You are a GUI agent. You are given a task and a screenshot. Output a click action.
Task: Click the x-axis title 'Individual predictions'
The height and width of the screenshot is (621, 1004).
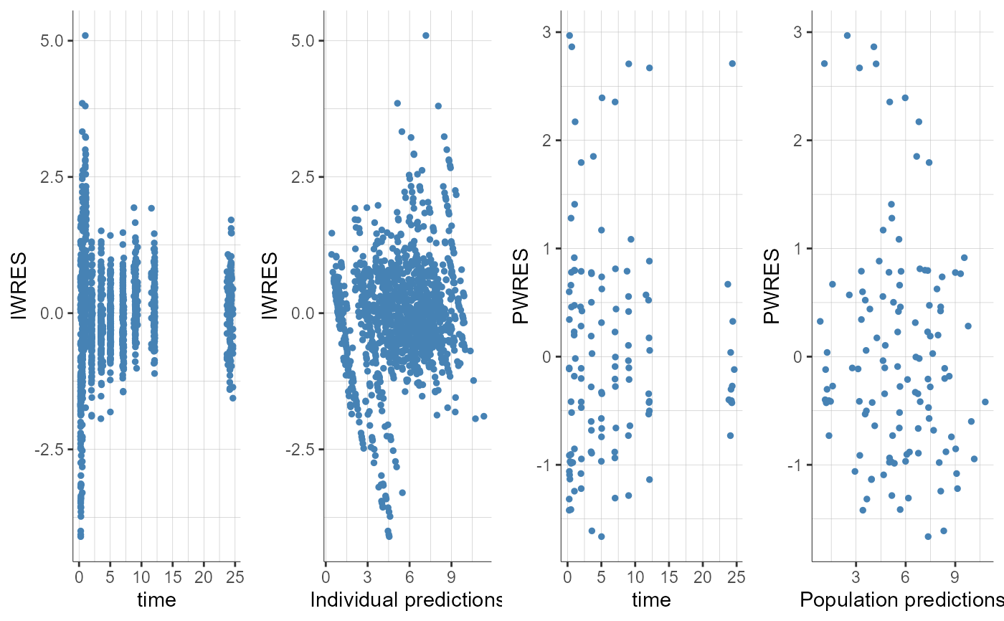pyautogui.click(x=405, y=599)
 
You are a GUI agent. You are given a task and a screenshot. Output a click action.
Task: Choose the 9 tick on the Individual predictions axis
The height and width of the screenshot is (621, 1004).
pyautogui.click(x=450, y=577)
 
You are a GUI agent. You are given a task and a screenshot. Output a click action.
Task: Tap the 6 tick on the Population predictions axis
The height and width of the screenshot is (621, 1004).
pyautogui.click(x=906, y=577)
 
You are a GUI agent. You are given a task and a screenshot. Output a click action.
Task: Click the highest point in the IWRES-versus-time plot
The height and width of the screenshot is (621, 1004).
pyautogui.click(x=85, y=35)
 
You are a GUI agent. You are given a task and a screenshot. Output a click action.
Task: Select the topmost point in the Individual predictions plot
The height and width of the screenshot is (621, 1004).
pyautogui.click(x=425, y=35)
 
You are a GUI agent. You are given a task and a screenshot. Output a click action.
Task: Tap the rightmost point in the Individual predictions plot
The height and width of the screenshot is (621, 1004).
pyautogui.click(x=484, y=416)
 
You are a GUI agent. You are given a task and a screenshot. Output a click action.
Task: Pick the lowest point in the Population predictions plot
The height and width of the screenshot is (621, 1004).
pyautogui.click(x=927, y=536)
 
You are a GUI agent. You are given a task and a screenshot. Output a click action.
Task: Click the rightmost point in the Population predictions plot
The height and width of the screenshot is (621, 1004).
pyautogui.click(x=985, y=402)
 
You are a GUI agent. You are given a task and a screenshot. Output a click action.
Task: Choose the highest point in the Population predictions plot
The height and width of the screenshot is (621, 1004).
pyautogui.click(x=847, y=35)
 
